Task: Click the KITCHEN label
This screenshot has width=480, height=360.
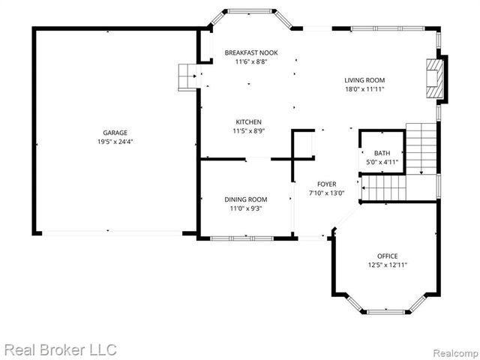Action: tap(249, 121)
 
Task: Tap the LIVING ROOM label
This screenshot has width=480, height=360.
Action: tap(364, 80)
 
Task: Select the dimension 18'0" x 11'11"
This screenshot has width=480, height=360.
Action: tap(364, 89)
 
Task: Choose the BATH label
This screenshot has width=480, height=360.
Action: tap(382, 152)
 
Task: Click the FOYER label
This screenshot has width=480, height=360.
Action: tap(326, 184)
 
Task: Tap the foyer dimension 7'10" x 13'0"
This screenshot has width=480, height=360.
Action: tap(326, 193)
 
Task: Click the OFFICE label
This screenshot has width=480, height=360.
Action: tap(388, 256)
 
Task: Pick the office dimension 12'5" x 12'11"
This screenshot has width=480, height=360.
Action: tap(388, 265)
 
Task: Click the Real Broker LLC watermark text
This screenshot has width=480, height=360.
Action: tap(60, 349)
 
